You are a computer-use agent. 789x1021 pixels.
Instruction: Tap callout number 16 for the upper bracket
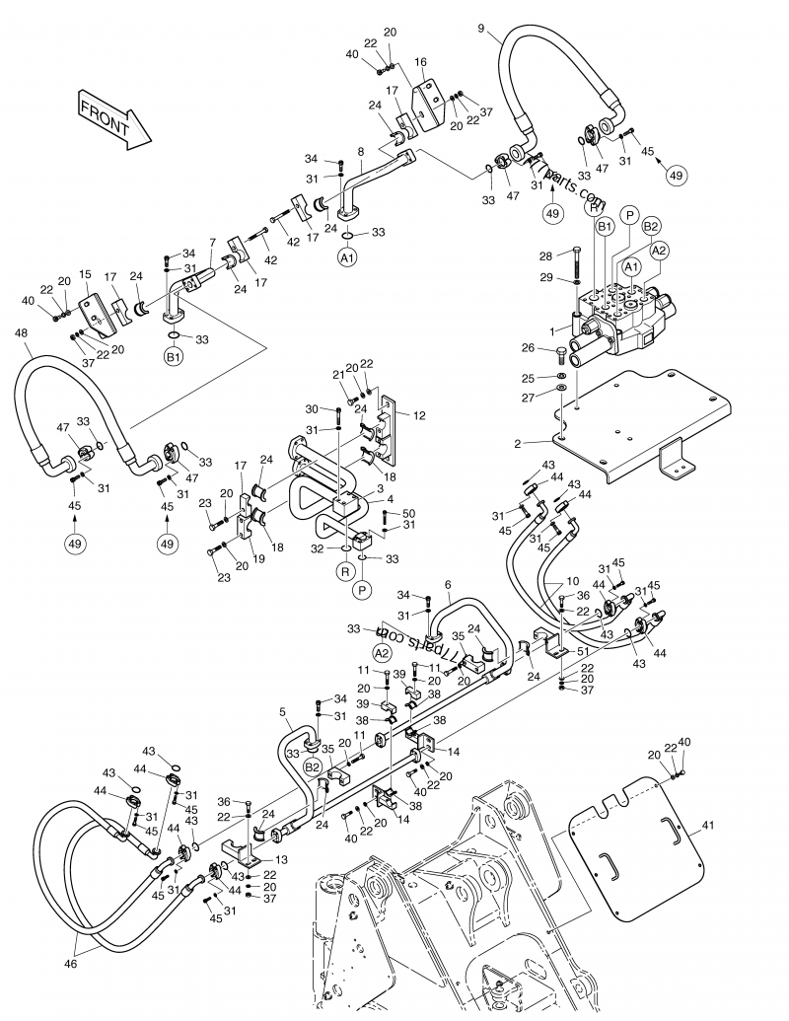(420, 61)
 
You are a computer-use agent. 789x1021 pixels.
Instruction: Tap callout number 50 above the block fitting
(409, 514)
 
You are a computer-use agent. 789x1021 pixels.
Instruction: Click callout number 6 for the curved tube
(447, 585)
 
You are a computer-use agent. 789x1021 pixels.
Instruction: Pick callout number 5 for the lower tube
(283, 710)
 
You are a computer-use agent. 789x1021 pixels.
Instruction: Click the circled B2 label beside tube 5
(313, 766)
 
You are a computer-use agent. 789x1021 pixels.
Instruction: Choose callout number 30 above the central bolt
(311, 409)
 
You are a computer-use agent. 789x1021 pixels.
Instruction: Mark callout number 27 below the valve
(530, 398)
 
